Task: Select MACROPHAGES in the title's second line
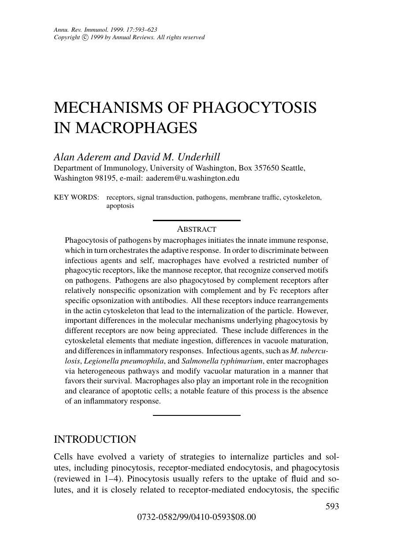tap(136, 128)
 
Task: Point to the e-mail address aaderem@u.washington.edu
tap(193, 178)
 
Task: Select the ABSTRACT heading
tap(197, 229)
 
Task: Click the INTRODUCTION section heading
tap(95, 440)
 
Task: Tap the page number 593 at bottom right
tap(332, 507)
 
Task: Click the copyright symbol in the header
tap(85, 37)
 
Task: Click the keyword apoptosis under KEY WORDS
tap(120, 206)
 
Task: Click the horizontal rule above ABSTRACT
tap(197, 220)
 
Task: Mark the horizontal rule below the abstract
tap(197, 415)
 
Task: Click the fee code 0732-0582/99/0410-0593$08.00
tap(197, 517)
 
